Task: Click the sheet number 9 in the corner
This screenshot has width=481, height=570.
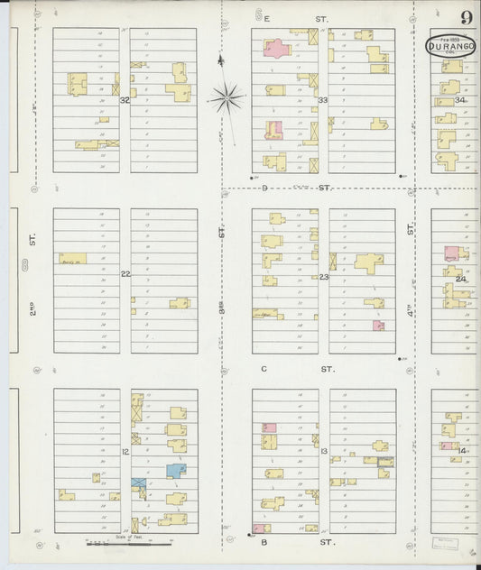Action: pos(466,18)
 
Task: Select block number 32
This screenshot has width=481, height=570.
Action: pos(125,100)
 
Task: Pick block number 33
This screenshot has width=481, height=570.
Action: pos(322,100)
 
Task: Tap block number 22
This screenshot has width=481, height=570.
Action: pos(125,274)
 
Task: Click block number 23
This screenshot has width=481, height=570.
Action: pos(323,277)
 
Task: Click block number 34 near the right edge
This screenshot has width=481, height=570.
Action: pos(460,100)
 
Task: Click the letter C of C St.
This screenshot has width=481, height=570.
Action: pos(264,369)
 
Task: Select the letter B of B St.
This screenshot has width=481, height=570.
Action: pos(264,543)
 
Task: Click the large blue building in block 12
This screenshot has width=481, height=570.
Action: pos(174,470)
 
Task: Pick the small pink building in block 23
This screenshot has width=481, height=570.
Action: pos(378,325)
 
